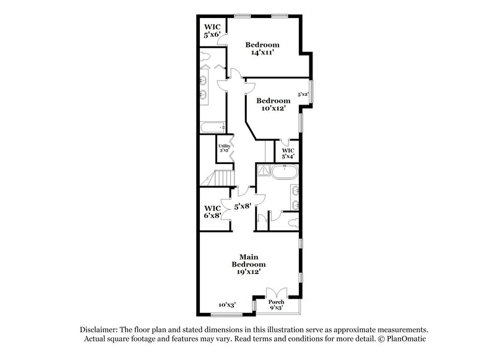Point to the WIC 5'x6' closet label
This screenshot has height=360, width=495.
213,32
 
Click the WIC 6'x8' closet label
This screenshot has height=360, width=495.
213,212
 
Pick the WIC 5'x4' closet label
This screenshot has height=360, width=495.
288,153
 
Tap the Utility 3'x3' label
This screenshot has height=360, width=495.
224,148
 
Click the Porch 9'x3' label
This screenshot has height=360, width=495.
277,304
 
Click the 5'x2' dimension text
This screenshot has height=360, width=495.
303,95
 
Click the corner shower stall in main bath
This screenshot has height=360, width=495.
262,171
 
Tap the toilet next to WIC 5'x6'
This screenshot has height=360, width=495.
207,59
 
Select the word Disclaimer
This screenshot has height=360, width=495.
100,330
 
